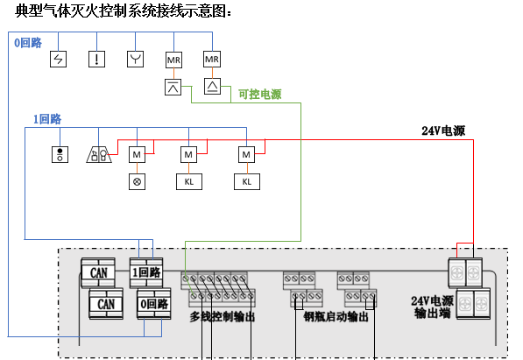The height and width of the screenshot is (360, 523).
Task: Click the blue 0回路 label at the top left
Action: click(x=28, y=43)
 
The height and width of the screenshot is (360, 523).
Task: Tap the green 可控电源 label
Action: click(x=260, y=95)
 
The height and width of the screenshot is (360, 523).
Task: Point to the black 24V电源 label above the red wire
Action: click(x=443, y=131)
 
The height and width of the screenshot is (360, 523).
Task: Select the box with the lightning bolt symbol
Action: click(x=59, y=59)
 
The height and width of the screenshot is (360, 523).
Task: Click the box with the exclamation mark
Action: click(x=96, y=59)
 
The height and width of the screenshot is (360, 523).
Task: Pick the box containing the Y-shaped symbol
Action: click(x=136, y=59)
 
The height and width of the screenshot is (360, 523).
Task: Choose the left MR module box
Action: click(x=173, y=60)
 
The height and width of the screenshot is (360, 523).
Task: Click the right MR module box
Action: click(x=212, y=59)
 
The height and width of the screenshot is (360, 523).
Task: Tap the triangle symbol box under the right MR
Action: click(x=213, y=87)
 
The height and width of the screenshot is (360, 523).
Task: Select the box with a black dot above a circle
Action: click(x=60, y=155)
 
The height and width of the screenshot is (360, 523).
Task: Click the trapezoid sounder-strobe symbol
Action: click(x=99, y=155)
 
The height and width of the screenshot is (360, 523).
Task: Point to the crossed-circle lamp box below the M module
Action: click(x=137, y=182)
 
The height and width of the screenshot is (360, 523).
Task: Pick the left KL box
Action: click(x=189, y=182)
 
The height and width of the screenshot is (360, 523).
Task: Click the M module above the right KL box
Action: click(x=246, y=155)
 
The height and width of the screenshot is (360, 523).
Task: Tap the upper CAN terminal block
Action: click(x=98, y=272)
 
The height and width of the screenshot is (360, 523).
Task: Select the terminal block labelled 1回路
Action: click(x=146, y=272)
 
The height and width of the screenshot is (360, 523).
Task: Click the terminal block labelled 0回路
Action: click(x=154, y=304)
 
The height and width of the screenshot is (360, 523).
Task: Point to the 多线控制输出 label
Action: click(x=223, y=316)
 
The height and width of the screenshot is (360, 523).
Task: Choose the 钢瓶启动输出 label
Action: click(x=336, y=316)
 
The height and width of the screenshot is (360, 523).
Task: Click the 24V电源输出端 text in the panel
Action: click(x=432, y=307)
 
